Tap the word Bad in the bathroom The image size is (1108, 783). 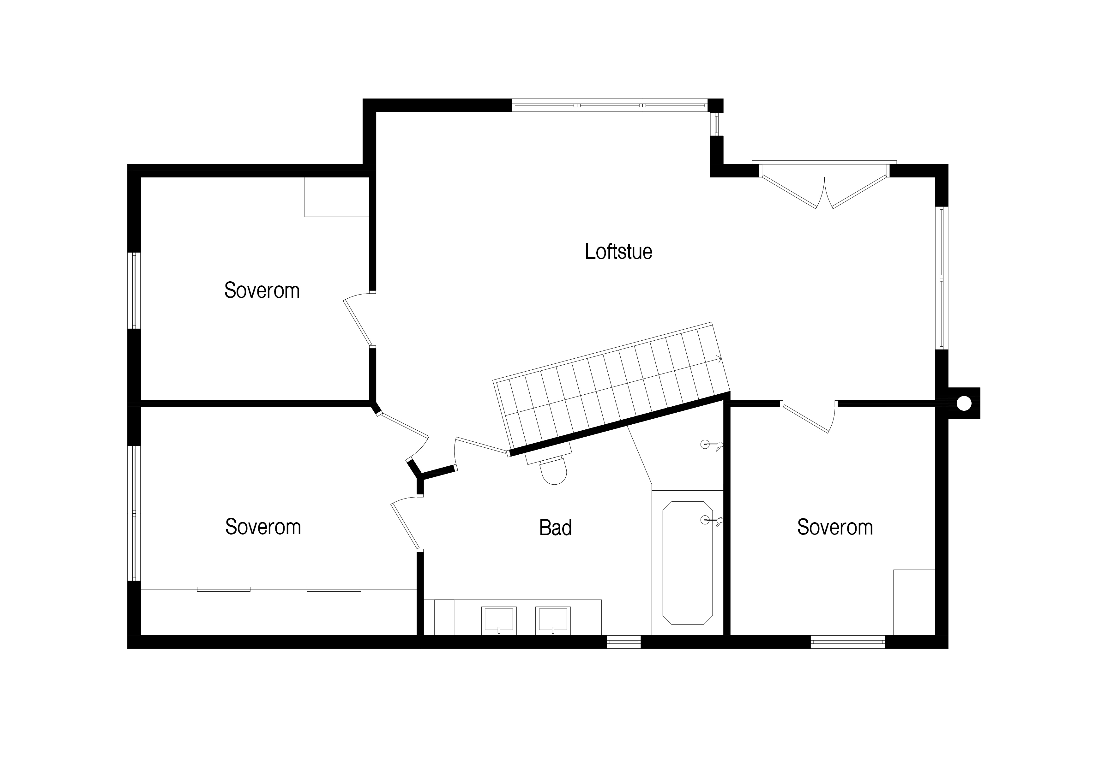pyautogui.click(x=556, y=528)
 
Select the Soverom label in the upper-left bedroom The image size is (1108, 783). pyautogui.click(x=262, y=290)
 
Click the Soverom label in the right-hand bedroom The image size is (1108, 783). pyautogui.click(x=835, y=527)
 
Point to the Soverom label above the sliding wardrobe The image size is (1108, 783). pyautogui.click(x=263, y=527)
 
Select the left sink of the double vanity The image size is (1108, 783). pyautogui.click(x=499, y=621)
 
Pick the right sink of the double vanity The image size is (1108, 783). pyautogui.click(x=553, y=621)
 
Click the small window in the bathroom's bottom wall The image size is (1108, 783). pyautogui.click(x=623, y=642)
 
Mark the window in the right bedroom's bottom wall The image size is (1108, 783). pyautogui.click(x=848, y=642)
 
